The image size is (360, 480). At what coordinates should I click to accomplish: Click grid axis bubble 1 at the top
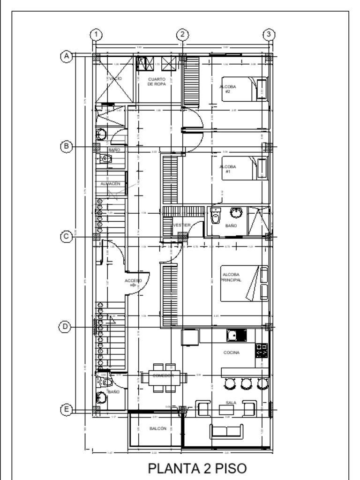pos(96,35)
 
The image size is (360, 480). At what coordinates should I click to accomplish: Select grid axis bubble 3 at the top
pos(268,35)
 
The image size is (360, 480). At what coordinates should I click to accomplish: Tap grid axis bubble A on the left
pos(67,56)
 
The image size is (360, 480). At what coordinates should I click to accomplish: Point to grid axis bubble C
pos(67,237)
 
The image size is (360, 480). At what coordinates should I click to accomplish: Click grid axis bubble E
pos(67,410)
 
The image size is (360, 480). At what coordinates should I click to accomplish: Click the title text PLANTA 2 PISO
pos(196,468)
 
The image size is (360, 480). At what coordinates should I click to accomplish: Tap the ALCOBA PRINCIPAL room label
pos(232,277)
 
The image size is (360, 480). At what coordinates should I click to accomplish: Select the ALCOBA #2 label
pos(228,89)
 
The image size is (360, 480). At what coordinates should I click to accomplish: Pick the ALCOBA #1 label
pos(228,169)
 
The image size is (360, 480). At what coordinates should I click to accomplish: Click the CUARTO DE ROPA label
pos(157,82)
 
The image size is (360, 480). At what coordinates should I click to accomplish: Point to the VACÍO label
pos(115,79)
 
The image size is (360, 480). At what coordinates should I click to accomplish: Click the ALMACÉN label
pos(110,184)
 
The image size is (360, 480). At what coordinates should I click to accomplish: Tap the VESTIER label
pos(182,225)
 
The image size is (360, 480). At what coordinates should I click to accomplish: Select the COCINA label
pos(232,352)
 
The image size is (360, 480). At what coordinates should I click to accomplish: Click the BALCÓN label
pos(157,428)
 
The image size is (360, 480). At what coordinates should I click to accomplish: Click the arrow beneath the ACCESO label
pos(134,285)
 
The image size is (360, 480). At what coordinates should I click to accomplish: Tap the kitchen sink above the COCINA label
pos(237,335)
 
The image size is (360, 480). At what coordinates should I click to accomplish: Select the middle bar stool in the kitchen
pos(246,383)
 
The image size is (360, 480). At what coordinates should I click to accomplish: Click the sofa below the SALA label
pos(226,431)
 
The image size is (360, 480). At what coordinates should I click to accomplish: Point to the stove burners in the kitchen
pos(262,350)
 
